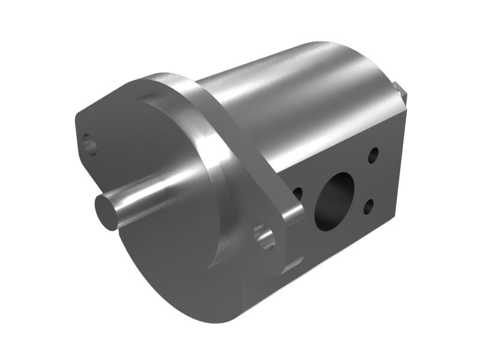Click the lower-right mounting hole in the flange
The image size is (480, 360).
(264, 236)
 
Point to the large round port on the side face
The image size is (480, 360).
(337, 200)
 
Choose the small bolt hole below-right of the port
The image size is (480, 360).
(368, 206)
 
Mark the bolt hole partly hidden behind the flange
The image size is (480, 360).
(297, 193)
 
